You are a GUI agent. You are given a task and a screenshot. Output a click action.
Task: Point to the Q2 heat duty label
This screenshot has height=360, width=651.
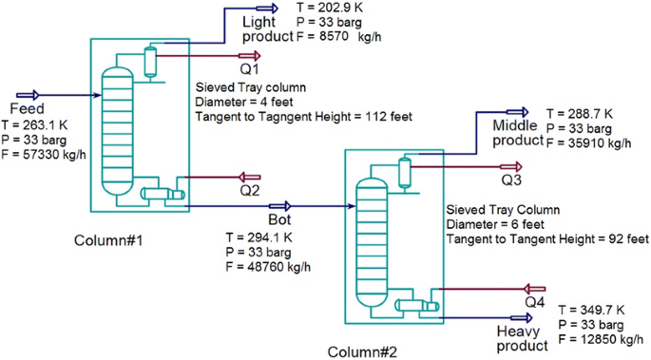[x=249, y=190]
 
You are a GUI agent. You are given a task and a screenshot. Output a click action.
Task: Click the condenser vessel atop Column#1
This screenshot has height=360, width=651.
[x=150, y=62]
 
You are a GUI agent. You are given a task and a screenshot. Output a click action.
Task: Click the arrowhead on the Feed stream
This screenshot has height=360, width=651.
[x=32, y=95]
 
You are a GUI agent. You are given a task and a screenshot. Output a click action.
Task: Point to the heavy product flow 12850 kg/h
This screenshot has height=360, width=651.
[x=597, y=339]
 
